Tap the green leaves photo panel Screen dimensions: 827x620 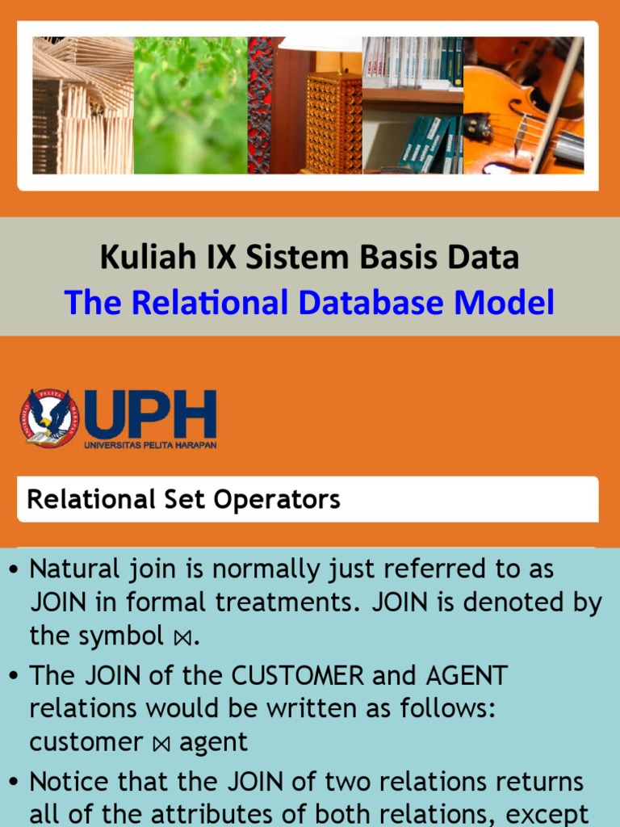click(x=191, y=105)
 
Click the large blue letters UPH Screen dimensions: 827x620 click(x=150, y=413)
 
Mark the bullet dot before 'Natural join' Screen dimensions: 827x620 click(x=13, y=569)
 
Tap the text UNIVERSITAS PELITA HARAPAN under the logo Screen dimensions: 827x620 click(x=150, y=443)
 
